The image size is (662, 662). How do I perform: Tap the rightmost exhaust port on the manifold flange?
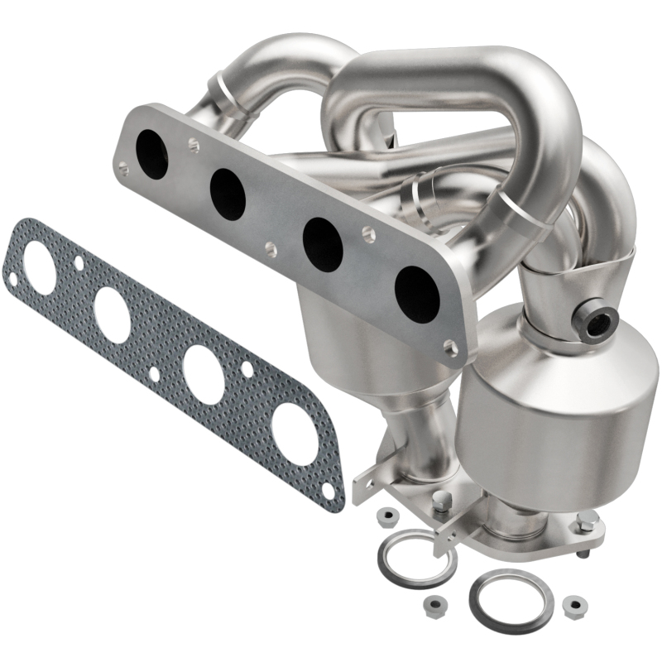416,295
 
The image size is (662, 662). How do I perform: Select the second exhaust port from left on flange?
228,194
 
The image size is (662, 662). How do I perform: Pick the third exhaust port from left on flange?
323,245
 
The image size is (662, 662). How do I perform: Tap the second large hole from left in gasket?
112,314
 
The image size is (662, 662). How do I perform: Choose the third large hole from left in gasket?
203,374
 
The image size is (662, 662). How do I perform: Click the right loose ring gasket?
504,597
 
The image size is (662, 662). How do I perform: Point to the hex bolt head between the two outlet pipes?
444,501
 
